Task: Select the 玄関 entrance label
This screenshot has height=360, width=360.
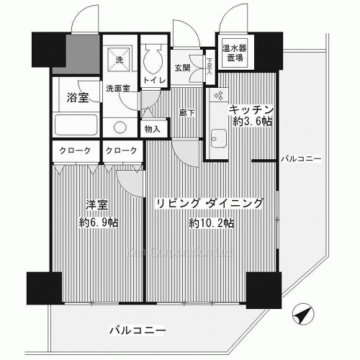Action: (x=182, y=68)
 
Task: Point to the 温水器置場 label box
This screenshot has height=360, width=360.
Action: (x=233, y=52)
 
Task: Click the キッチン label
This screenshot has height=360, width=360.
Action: (x=251, y=108)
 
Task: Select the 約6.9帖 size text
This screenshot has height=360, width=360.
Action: (x=98, y=222)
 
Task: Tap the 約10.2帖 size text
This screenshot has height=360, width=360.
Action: (x=210, y=223)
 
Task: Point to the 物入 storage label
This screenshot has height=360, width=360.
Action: (x=153, y=129)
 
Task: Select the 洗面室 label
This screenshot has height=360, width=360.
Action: (x=118, y=89)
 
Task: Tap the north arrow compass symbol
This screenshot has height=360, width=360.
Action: (x=303, y=315)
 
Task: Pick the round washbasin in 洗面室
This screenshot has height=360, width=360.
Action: (x=120, y=126)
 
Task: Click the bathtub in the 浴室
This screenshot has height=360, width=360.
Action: (x=78, y=127)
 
